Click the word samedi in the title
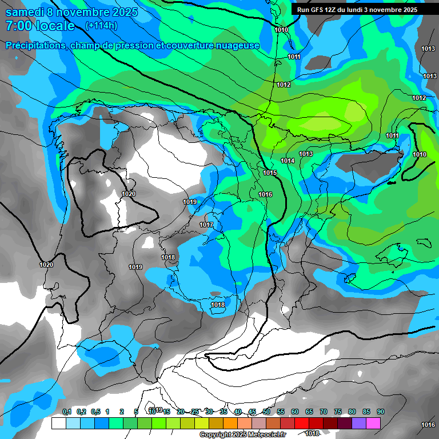pos(23,11)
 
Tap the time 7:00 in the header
pos(18,26)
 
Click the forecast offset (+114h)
pos(101,26)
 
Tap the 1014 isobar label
pos(288,161)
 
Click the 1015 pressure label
pos(270,173)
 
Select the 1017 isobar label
pos(206,225)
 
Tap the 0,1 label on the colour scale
pos(67,412)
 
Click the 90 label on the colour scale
pos(381,412)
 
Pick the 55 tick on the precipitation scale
pos(281,412)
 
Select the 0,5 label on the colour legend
pos(95,412)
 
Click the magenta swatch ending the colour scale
pos(373,423)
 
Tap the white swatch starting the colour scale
pos(58,423)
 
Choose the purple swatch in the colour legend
pos(359,423)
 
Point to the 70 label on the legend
pos(324,412)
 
